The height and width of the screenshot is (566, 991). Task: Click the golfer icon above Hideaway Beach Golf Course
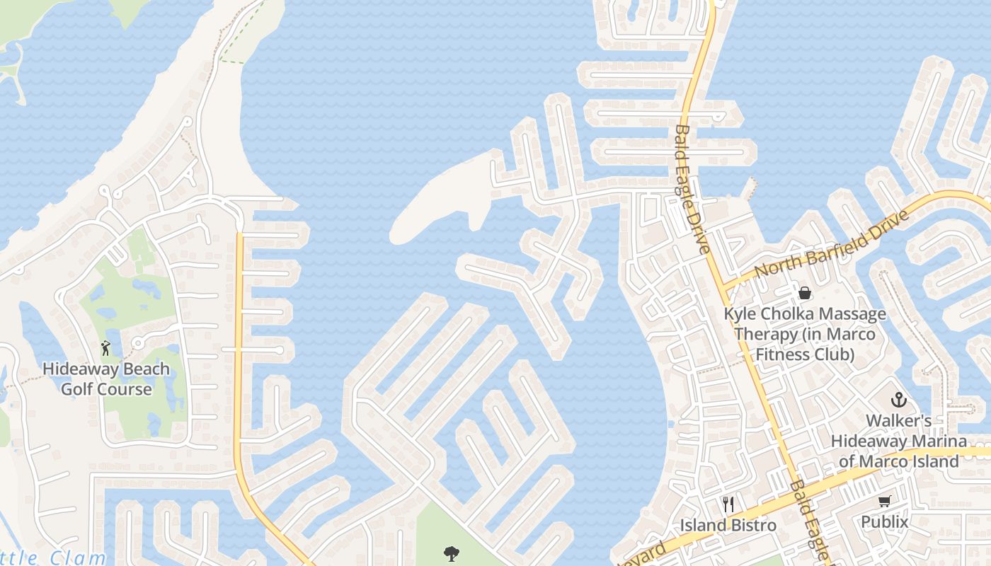(x=105, y=348)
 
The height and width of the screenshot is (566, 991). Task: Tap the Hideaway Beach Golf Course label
(x=106, y=379)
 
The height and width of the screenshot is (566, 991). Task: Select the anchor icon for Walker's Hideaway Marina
(x=898, y=400)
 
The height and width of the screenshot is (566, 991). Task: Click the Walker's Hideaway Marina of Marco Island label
(x=898, y=441)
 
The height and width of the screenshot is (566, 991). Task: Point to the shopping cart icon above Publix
(x=884, y=502)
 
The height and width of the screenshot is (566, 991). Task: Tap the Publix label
(x=884, y=522)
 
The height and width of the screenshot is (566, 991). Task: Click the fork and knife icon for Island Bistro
(x=728, y=504)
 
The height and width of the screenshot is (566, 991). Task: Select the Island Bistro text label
(x=728, y=526)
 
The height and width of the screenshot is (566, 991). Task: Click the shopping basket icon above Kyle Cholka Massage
(x=804, y=292)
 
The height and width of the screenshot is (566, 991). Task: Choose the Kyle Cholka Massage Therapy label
(x=804, y=333)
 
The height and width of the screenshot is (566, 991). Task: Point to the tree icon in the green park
(x=451, y=553)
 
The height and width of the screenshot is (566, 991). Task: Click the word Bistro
(x=752, y=526)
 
